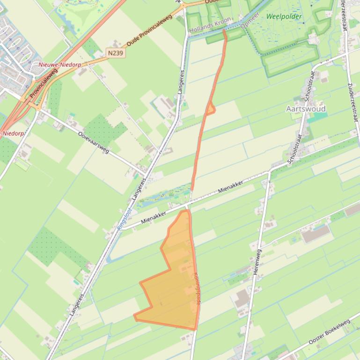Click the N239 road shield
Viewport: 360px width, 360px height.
coord(115,53)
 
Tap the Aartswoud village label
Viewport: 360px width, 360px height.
coord(306,108)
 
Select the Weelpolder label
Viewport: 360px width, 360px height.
coord(284,16)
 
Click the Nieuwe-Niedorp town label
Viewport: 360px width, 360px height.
coord(55,64)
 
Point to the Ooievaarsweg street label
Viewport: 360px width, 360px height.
coord(94,143)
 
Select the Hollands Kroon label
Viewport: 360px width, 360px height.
coord(210,25)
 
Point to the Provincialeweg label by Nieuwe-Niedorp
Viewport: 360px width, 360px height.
coord(43,84)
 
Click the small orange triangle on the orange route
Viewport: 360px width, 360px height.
coord(210,109)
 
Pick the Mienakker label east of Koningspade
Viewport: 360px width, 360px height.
coord(230,188)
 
